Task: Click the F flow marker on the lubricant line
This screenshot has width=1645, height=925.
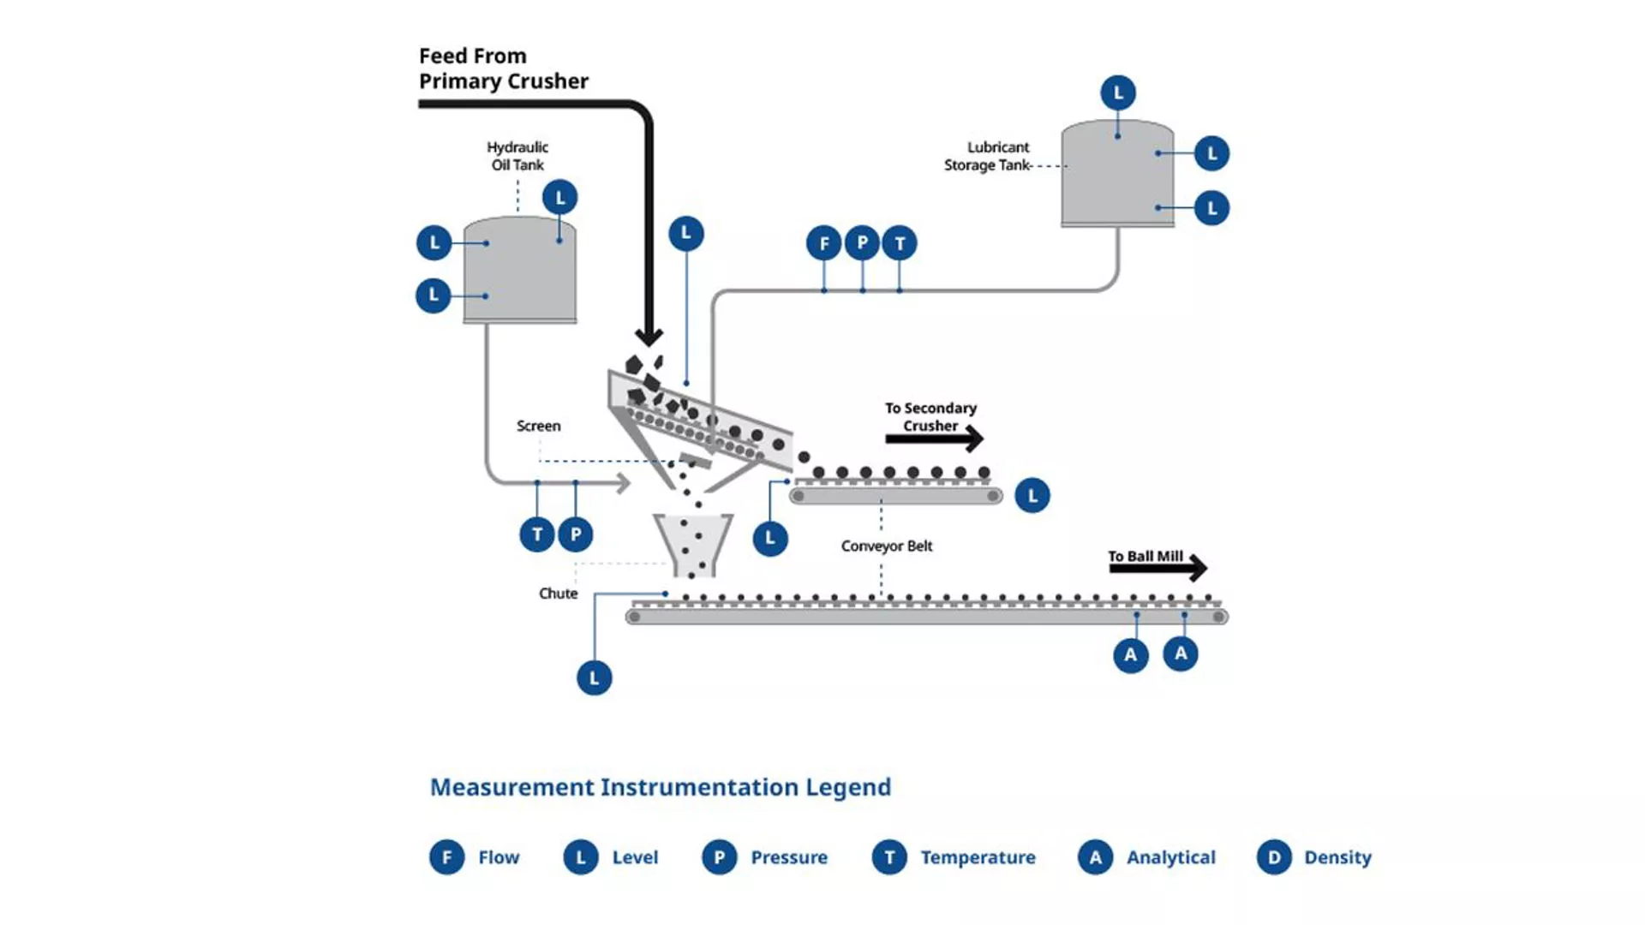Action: tap(823, 244)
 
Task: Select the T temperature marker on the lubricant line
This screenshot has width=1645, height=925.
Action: tap(899, 244)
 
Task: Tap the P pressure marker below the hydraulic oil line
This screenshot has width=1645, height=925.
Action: tap(576, 535)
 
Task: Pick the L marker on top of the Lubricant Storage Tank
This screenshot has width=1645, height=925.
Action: tap(1117, 92)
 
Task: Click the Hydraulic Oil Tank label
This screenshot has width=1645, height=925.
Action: tap(517, 156)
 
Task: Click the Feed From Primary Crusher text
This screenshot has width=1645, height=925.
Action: tap(503, 69)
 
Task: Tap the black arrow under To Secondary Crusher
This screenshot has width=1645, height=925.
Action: tap(934, 439)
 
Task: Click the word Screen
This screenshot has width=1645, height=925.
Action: tap(538, 426)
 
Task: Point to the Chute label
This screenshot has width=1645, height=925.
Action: tap(558, 594)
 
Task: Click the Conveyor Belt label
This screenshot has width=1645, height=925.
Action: tap(886, 546)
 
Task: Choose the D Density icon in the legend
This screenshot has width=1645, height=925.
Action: tap(1273, 857)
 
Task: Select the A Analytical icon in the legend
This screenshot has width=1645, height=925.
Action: tap(1095, 857)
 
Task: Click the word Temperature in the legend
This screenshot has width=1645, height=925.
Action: tap(978, 857)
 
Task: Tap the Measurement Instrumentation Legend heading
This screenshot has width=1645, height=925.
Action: tap(660, 787)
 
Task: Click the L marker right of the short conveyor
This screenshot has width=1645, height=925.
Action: tap(1032, 496)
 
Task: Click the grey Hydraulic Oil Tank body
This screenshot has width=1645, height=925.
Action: tap(520, 272)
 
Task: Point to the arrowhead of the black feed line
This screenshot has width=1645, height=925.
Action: tap(649, 336)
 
